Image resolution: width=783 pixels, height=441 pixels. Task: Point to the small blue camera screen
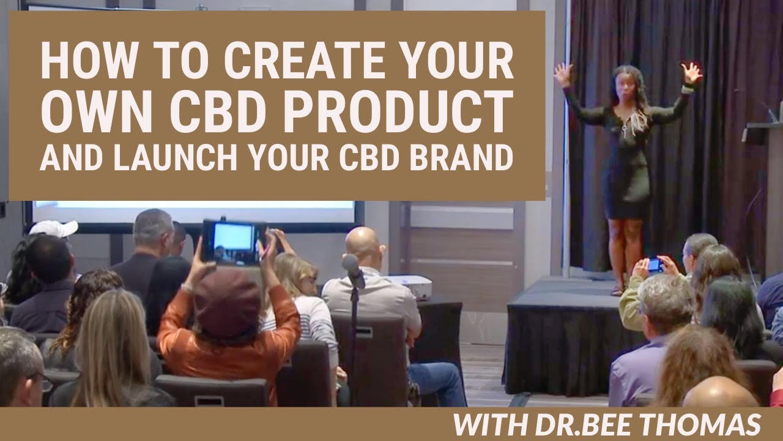point(655,265)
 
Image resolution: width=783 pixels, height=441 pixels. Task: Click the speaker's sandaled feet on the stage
point(619,289)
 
